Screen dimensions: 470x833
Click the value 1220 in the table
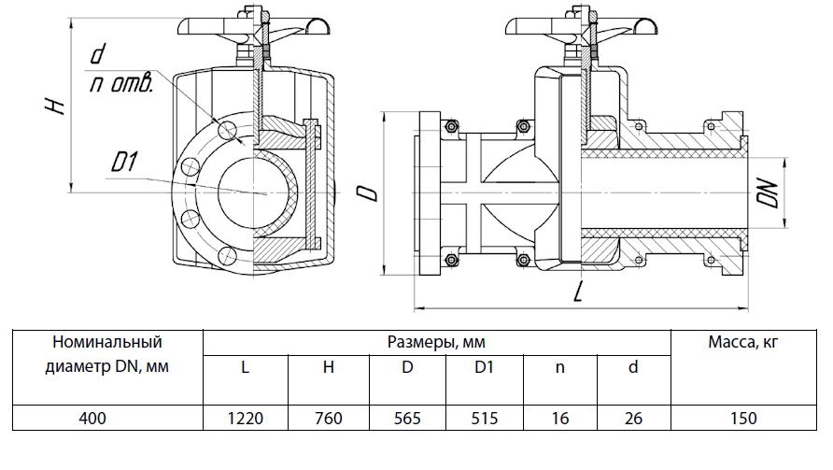click(246, 419)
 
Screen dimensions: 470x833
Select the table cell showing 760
click(329, 419)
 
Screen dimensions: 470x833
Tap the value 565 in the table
click(407, 419)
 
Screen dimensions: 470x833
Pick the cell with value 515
click(484, 419)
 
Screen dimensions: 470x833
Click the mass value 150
click(745, 419)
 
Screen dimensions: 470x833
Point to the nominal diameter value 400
click(107, 419)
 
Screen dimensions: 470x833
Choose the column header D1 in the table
click(484, 367)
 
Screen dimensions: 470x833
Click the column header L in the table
click(246, 367)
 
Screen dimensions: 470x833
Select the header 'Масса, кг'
click(745, 342)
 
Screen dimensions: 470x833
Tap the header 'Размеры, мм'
click(436, 342)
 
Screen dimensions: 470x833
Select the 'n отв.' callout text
click(120, 85)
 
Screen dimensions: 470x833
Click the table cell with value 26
click(633, 419)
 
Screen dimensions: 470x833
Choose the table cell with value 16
click(560, 419)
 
